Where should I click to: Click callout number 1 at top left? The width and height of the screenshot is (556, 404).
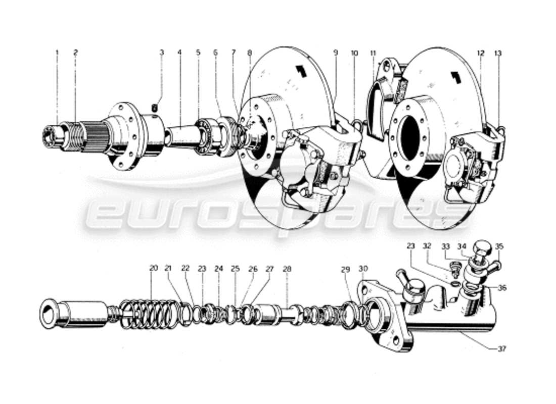pyautogui.click(x=57, y=52)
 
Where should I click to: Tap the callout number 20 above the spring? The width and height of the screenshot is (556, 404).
pyautogui.click(x=153, y=269)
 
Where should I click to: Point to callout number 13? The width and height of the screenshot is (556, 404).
pyautogui.click(x=499, y=53)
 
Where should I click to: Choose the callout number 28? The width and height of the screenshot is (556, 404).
pyautogui.click(x=287, y=269)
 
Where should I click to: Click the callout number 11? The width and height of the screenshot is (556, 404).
pyautogui.click(x=373, y=53)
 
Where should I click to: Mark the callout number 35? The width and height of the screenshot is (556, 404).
pyautogui.click(x=499, y=247)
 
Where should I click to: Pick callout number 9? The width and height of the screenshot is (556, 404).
pyautogui.click(x=335, y=53)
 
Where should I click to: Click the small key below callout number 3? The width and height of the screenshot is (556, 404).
pyautogui.click(x=156, y=106)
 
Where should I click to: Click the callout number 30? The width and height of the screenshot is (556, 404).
pyautogui.click(x=363, y=269)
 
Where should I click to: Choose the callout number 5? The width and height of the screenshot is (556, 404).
pyautogui.click(x=198, y=53)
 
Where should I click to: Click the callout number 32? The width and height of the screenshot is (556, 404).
pyautogui.click(x=427, y=247)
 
